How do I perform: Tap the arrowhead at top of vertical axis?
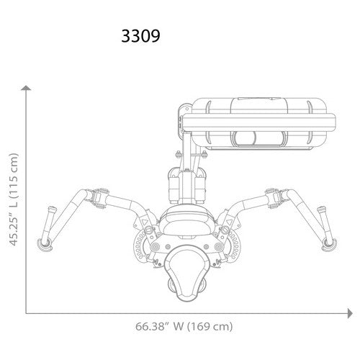27,88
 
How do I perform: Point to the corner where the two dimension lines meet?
27,313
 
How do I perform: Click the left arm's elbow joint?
95,194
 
